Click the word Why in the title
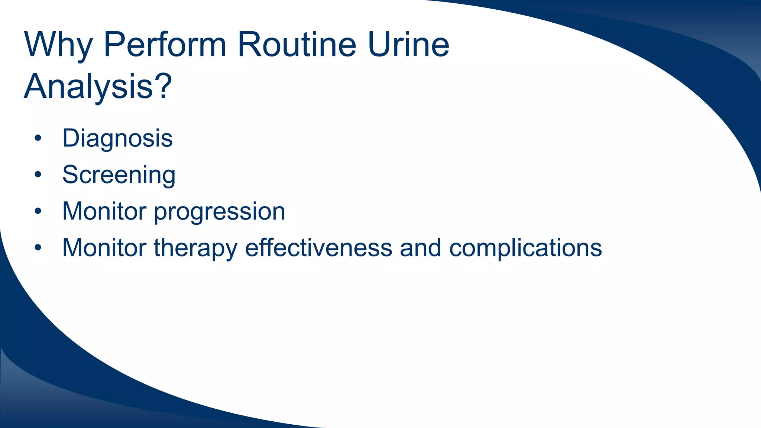(x=58, y=45)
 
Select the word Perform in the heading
(x=165, y=45)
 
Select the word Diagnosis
(x=117, y=138)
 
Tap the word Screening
(x=119, y=175)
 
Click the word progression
(x=219, y=212)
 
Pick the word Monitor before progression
(x=104, y=211)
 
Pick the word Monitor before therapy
(x=104, y=247)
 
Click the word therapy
(x=195, y=248)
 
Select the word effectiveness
(x=318, y=247)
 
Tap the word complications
(x=525, y=248)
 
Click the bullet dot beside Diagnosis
(x=38, y=139)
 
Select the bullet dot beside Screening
(x=38, y=175)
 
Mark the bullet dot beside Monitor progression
(x=38, y=211)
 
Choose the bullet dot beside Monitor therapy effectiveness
(x=38, y=248)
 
